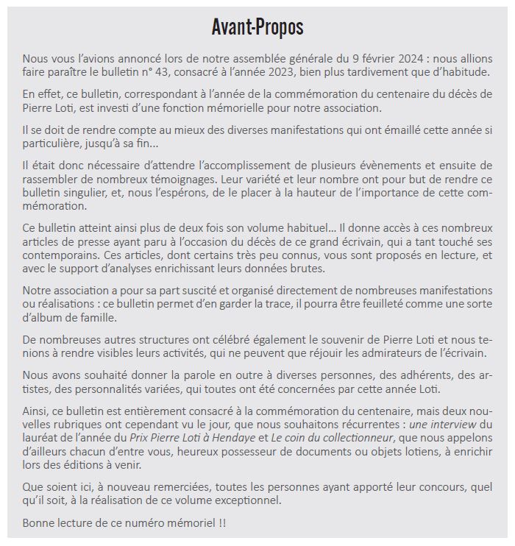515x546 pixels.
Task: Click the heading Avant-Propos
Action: point(257,28)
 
